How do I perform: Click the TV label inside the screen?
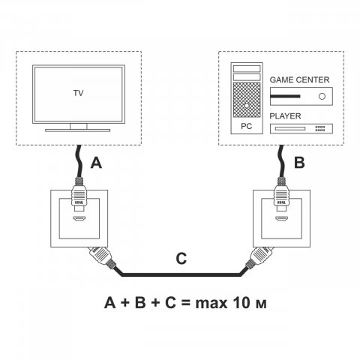point(78,94)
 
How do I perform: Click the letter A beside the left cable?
point(95,162)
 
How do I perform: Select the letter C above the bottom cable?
point(180,259)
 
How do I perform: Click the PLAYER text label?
point(286,117)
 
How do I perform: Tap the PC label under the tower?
point(247,128)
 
